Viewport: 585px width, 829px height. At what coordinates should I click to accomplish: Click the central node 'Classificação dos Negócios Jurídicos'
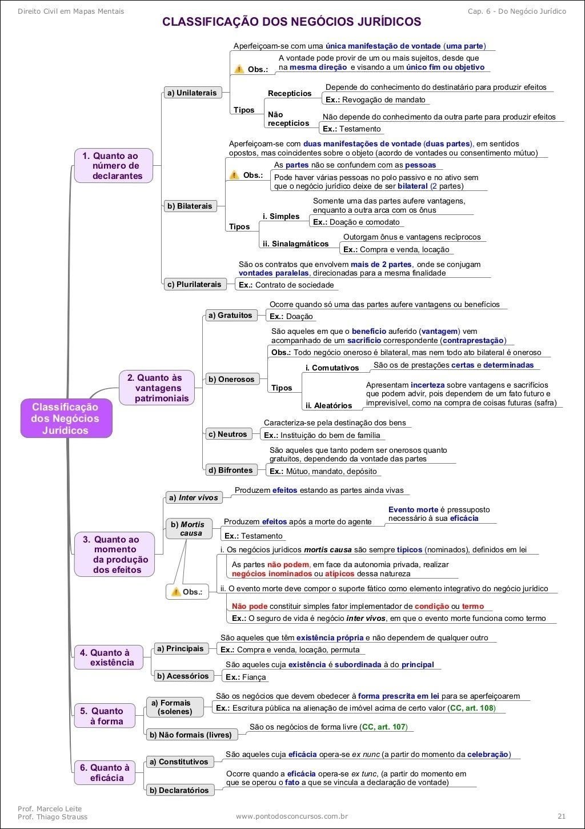[x=66, y=419]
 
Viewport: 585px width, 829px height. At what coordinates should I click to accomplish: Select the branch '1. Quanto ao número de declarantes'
[x=113, y=166]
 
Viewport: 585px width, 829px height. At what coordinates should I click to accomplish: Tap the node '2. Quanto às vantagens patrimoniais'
[x=157, y=388]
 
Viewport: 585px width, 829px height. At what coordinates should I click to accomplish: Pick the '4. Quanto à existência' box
[x=107, y=657]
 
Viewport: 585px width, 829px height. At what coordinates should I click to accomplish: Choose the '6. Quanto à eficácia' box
[x=106, y=772]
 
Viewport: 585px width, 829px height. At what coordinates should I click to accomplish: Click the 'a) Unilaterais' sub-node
[x=191, y=93]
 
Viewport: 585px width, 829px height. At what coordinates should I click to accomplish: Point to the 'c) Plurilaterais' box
[x=193, y=284]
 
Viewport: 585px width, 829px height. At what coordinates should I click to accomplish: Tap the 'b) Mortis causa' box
[x=187, y=528]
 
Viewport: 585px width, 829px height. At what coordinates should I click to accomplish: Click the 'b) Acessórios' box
[x=182, y=676]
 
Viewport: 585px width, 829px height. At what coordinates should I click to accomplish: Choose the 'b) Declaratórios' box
[x=179, y=790]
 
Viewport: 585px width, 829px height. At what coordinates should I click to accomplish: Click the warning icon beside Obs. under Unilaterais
[x=239, y=69]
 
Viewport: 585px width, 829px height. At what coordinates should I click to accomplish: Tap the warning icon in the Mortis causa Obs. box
[x=176, y=592]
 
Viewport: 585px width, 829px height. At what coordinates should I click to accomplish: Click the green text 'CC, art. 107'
[x=384, y=727]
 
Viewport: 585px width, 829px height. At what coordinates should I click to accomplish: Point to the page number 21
[x=562, y=816]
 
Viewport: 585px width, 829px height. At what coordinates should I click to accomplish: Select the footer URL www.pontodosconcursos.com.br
[x=292, y=816]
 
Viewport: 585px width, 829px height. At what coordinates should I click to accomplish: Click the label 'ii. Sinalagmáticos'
[x=295, y=244]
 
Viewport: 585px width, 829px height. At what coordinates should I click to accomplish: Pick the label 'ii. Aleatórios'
[x=328, y=405]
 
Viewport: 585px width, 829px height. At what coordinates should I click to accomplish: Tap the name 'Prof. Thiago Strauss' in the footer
[x=53, y=816]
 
